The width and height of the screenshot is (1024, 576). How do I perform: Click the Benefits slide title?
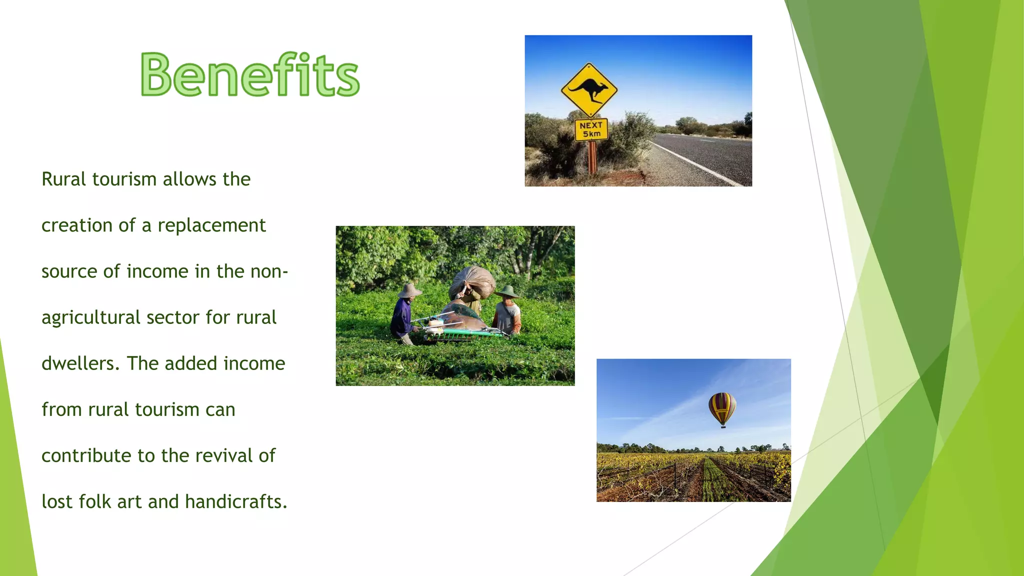click(x=250, y=75)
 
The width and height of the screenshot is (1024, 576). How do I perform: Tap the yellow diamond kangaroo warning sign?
click(x=589, y=90)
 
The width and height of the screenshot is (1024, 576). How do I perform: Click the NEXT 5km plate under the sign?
click(x=591, y=129)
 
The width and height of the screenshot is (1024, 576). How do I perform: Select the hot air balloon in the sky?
click(x=722, y=407)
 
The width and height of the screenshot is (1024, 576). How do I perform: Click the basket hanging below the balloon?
click(x=723, y=426)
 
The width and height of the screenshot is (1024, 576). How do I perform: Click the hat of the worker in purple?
click(x=409, y=290)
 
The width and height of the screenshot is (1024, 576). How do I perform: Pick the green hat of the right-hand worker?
click(x=507, y=291)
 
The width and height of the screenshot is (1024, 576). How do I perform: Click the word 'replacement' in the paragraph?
click(x=211, y=226)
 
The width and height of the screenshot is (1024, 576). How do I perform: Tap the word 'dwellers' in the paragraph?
click(x=80, y=363)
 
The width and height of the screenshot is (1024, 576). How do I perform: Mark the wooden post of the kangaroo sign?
click(x=592, y=157)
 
